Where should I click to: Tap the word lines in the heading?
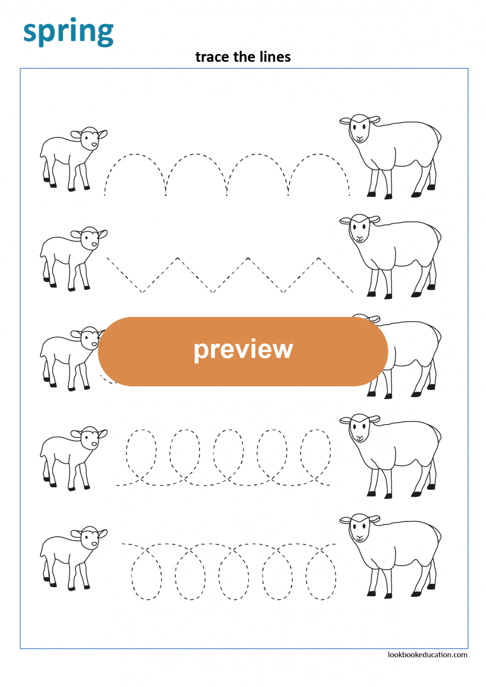pos(276,57)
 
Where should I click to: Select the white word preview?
pos(243,349)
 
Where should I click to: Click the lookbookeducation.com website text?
pos(427,655)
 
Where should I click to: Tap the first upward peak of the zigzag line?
pos(178,258)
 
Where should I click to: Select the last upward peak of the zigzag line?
pos(319,258)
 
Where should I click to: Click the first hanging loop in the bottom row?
pos(146,577)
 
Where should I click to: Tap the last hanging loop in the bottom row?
pos(321,577)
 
